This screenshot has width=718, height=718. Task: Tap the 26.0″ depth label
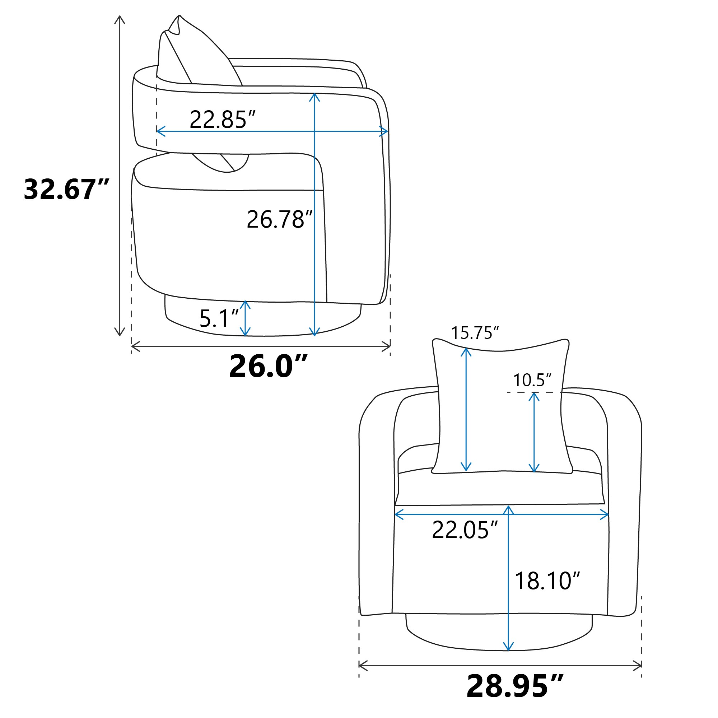pos(268,367)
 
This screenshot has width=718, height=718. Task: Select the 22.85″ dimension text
pos(223,120)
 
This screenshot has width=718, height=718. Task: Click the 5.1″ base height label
pos(219,318)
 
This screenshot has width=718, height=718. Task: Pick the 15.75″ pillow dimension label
pos(475,333)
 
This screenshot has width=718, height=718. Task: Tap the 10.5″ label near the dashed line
pos(532,380)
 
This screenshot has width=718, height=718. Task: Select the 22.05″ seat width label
pos(465,530)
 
